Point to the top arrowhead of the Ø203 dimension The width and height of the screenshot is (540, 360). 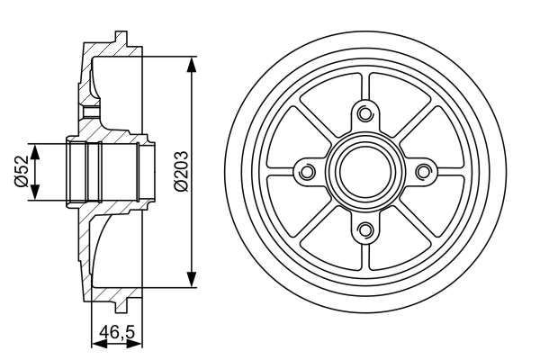(x=192, y=61)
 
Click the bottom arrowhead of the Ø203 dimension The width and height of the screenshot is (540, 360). (x=192, y=282)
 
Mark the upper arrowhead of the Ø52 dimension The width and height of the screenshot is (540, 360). (x=37, y=147)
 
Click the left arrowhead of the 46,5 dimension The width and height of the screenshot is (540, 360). (x=96, y=342)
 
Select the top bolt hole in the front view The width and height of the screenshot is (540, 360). (x=364, y=113)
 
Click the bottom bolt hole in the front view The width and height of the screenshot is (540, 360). (x=364, y=229)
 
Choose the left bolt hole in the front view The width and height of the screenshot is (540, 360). (x=307, y=171)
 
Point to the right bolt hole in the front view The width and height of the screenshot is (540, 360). (x=422, y=171)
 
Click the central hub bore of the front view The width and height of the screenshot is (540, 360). (x=364, y=171)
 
